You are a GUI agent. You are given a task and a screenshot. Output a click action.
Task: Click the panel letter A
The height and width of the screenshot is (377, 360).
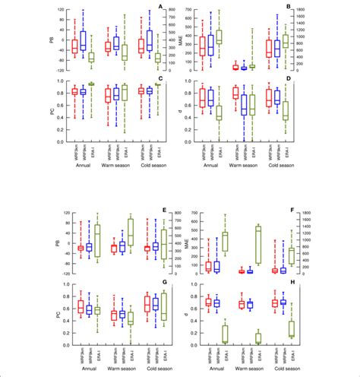click(x=160, y=6)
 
